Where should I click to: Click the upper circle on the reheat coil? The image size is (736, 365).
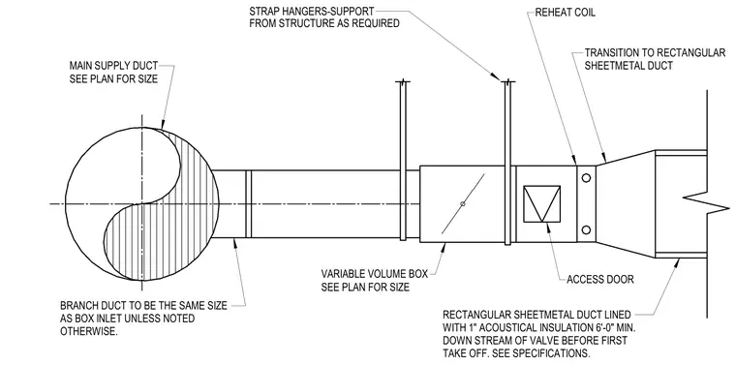[x=586, y=178]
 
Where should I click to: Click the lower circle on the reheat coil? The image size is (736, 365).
[x=586, y=229]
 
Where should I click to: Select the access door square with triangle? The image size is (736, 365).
[x=541, y=203]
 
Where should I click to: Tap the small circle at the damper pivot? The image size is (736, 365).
[x=463, y=203]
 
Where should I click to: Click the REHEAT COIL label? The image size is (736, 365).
[x=566, y=13]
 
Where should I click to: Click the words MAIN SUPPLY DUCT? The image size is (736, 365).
[x=113, y=65]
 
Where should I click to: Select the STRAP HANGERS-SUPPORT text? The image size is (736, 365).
[x=312, y=11]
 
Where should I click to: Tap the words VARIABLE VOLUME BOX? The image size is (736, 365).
[x=375, y=274]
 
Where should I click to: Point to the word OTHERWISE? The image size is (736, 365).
[x=88, y=331]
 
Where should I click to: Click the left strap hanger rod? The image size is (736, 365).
[x=403, y=161]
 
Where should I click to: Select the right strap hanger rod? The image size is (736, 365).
[x=507, y=163]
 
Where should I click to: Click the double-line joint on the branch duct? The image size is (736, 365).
[x=249, y=203]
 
